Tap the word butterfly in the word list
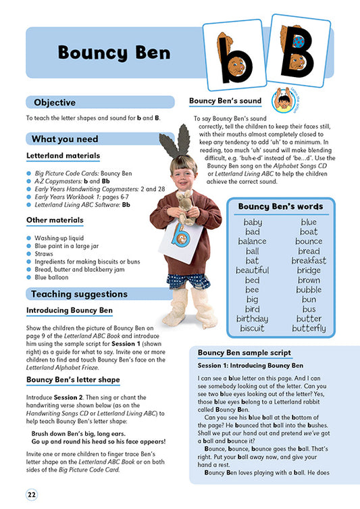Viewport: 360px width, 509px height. pyautogui.click(x=309, y=329)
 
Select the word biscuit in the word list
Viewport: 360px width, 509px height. pyautogui.click(x=252, y=329)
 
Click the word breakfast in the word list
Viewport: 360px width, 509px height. pyautogui.click(x=309, y=260)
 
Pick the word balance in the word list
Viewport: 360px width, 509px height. pyautogui.click(x=252, y=241)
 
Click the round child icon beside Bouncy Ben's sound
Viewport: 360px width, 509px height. pyautogui.click(x=282, y=99)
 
